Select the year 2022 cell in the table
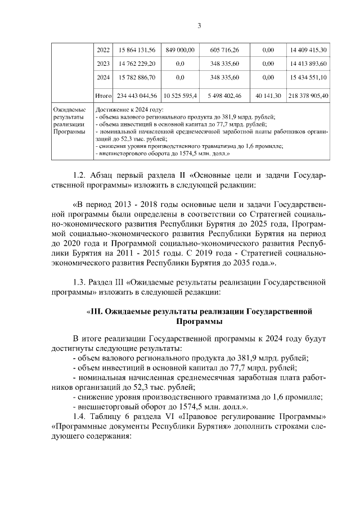pos(103,50)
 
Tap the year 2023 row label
pos(103,64)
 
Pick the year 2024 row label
pos(103,77)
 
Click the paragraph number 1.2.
pos(81,175)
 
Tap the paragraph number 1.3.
pos(81,281)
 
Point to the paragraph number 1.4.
pos(81,417)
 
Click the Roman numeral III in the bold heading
pos(97,311)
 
